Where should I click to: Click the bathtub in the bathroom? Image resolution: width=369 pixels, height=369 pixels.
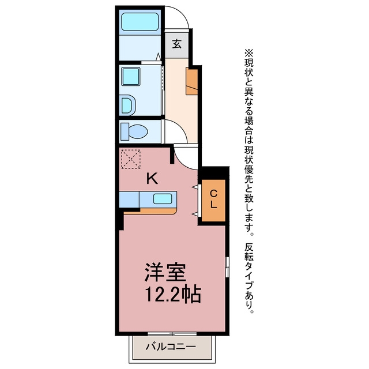[140, 22]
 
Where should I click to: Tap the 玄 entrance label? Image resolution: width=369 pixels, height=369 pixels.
[177, 44]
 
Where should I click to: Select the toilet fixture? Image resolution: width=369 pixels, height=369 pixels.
[134, 131]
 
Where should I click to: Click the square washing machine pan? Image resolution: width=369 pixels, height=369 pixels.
[131, 77]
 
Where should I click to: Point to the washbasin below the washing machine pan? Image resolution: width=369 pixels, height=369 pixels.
[129, 105]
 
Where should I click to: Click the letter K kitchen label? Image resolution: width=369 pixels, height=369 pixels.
[152, 179]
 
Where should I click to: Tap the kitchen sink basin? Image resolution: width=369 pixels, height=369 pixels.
[163, 199]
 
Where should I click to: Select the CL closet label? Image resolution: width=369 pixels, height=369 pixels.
[213, 199]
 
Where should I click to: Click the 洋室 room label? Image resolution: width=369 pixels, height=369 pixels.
[165, 272]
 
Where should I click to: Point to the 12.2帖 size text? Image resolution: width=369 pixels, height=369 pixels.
[173, 294]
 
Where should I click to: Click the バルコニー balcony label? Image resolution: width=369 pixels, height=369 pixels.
[171, 347]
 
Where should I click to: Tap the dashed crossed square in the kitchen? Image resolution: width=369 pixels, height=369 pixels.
[131, 159]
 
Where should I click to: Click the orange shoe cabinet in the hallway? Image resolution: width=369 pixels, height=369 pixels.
[192, 81]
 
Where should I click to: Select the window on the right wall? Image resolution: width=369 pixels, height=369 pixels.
[227, 267]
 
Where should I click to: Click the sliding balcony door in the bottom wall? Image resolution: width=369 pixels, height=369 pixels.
[172, 333]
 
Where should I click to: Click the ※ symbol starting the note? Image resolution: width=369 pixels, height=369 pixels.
[249, 53]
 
